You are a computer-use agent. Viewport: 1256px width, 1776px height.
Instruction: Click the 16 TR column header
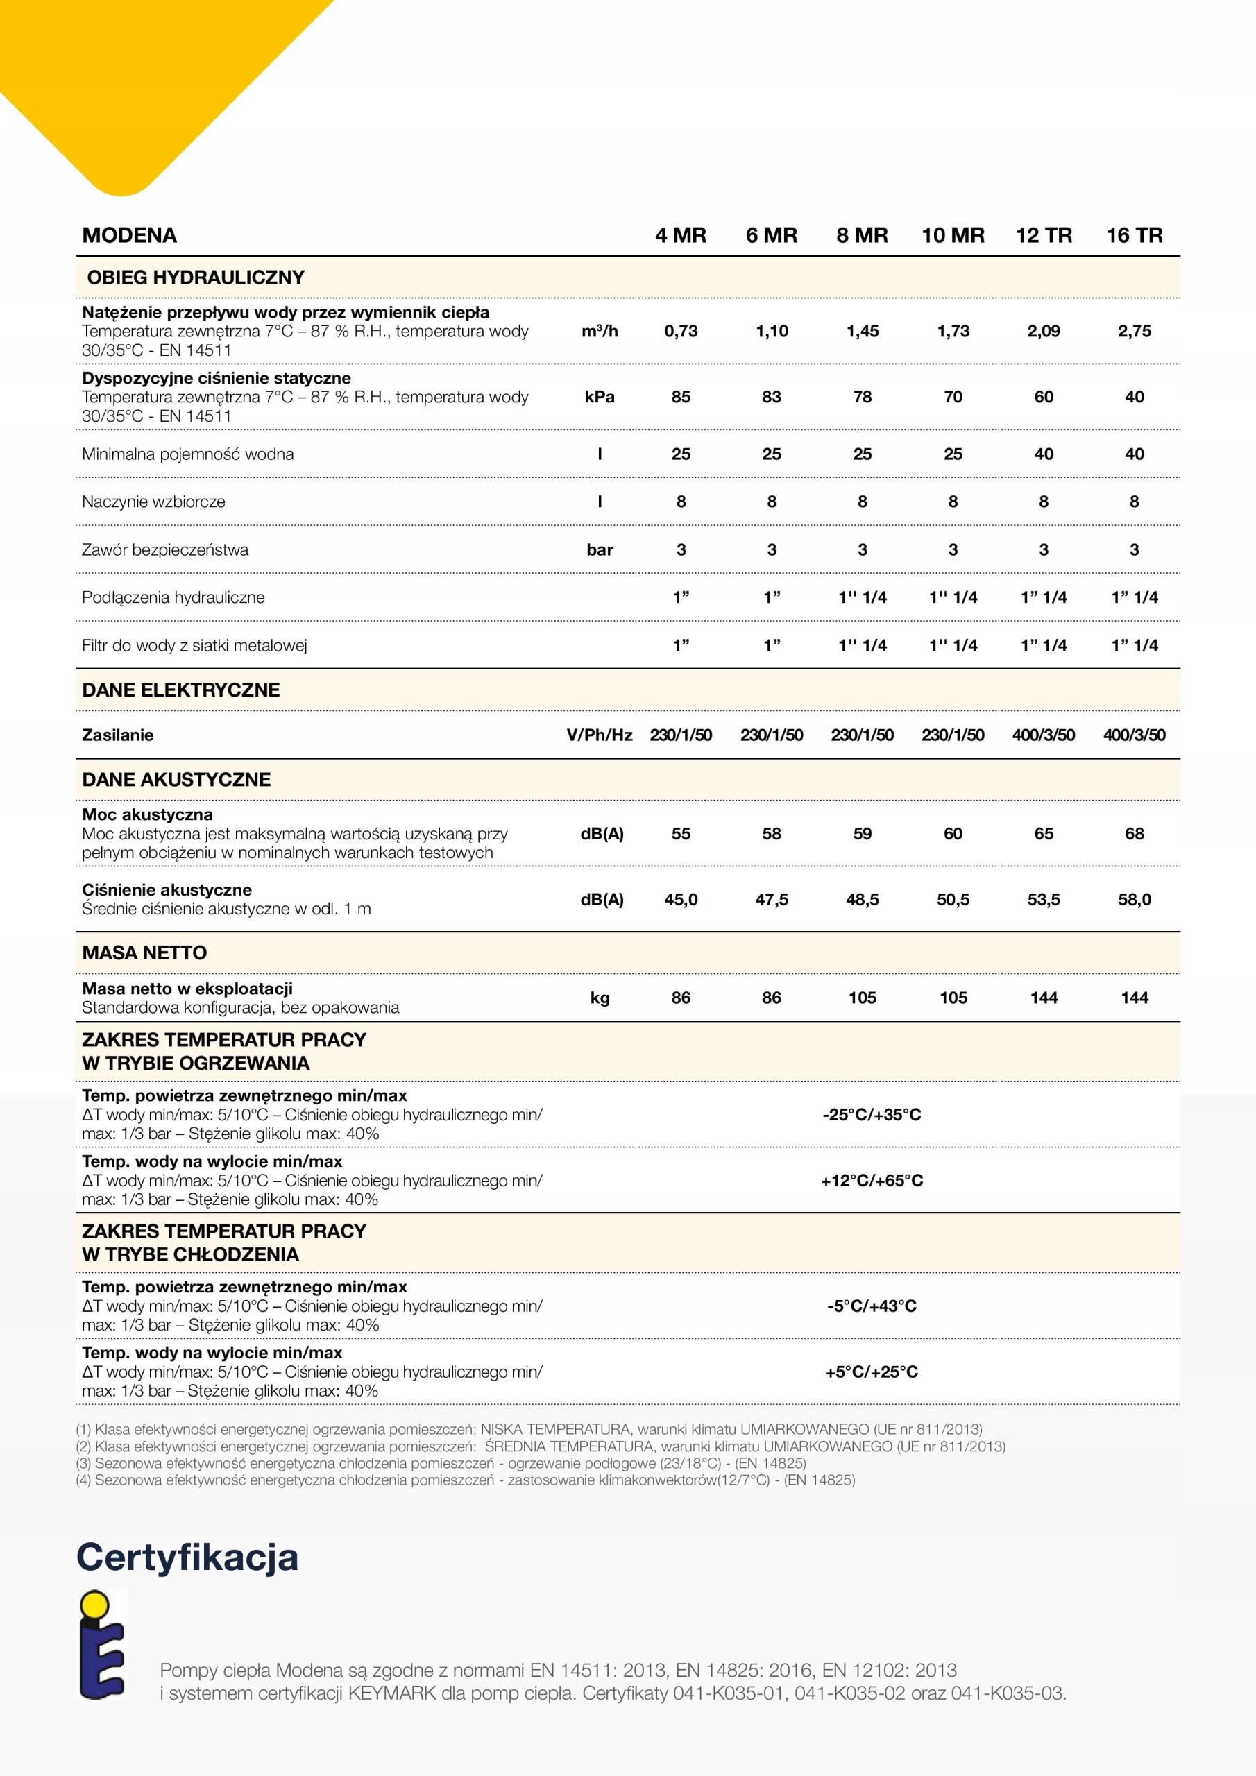1134,235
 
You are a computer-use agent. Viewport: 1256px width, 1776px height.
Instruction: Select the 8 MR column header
862,235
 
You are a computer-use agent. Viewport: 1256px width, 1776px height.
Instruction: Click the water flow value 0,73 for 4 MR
681,331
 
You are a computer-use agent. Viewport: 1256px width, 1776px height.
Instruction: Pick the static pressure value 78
862,397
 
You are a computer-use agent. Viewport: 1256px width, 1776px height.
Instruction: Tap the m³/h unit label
600,331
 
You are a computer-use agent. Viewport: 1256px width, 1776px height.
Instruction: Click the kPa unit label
600,397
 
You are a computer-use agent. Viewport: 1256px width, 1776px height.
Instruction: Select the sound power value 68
1134,834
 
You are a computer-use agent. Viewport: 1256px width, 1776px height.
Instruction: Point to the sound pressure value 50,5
953,900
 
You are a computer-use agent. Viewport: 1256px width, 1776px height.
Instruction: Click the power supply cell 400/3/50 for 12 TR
1043,735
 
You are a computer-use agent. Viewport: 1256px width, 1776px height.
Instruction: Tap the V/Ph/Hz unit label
600,735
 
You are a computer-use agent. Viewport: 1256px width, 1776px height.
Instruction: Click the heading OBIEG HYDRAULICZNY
196,277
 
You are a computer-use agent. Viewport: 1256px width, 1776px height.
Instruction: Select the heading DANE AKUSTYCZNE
176,780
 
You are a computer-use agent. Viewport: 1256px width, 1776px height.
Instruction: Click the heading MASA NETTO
145,953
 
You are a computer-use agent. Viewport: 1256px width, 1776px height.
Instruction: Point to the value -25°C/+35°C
872,1115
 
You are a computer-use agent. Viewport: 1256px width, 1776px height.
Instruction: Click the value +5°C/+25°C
872,1372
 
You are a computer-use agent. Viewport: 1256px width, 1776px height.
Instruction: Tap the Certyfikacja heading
187,1556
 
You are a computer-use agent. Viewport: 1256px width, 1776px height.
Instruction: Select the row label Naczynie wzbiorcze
153,502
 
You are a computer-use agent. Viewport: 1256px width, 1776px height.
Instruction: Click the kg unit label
600,998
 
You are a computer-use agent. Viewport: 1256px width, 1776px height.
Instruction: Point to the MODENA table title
129,235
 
